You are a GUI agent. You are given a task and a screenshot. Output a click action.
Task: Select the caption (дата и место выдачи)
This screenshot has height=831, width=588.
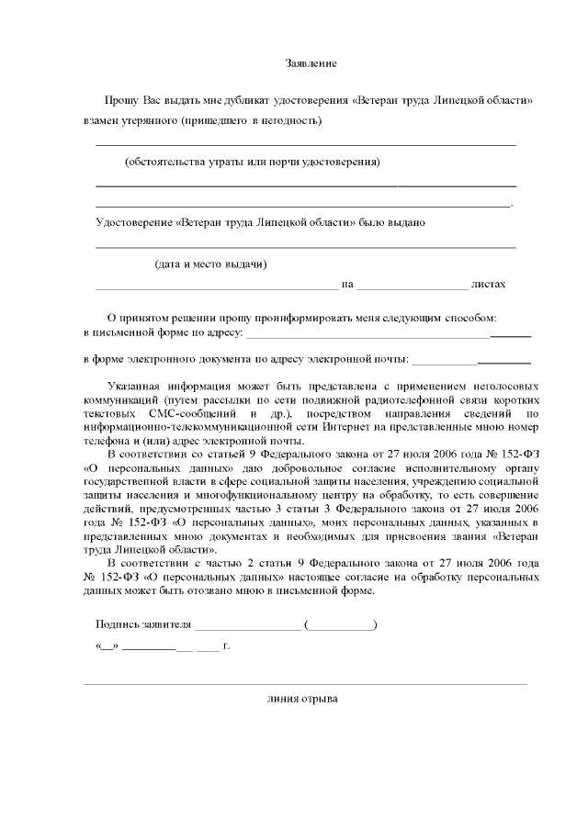point(210,264)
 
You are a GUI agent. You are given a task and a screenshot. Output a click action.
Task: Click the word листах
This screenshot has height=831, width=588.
point(488,285)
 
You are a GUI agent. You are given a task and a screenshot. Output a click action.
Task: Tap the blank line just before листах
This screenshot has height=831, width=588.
point(413,287)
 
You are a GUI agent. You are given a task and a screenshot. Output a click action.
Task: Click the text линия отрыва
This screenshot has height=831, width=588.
point(302,699)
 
